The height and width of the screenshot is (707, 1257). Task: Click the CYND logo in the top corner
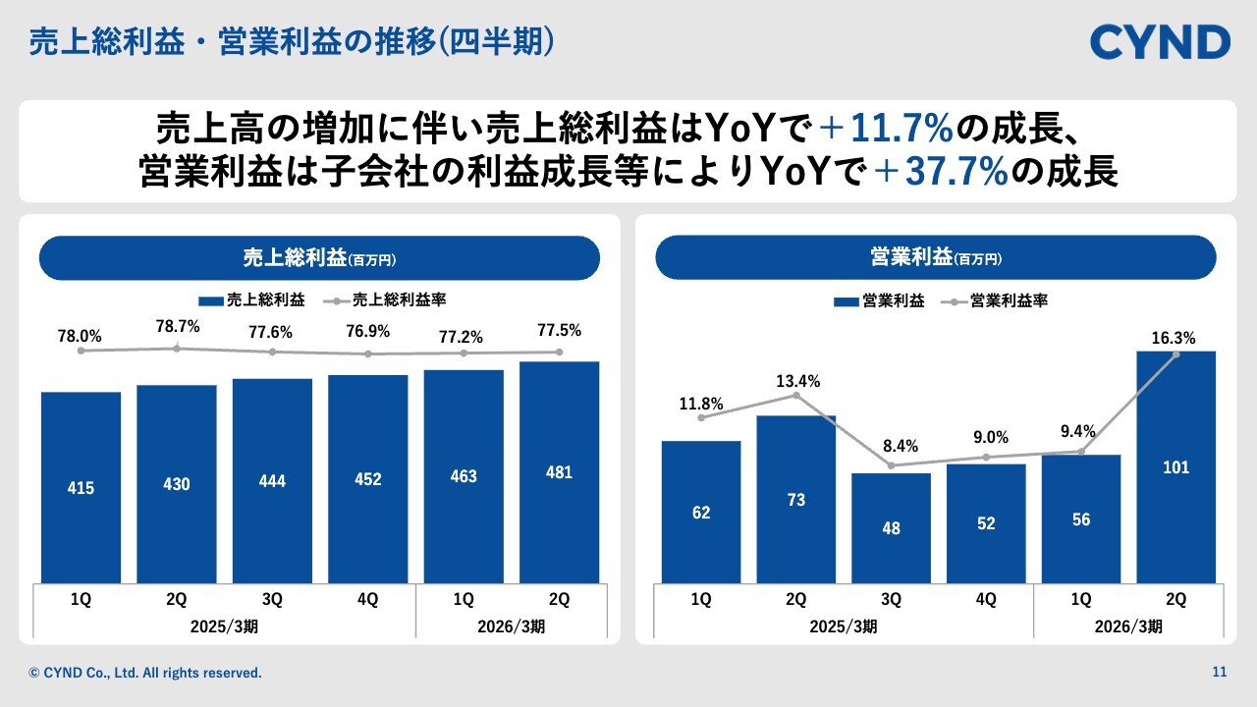tap(1160, 42)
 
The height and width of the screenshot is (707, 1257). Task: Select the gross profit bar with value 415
tap(82, 487)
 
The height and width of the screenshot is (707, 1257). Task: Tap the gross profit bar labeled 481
tap(559, 472)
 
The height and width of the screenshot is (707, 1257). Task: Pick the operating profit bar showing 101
tap(1176, 467)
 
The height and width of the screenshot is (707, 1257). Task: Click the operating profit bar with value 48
tap(891, 528)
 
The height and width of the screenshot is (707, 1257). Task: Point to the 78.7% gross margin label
tap(177, 326)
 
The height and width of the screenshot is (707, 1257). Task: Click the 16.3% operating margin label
tap(1175, 339)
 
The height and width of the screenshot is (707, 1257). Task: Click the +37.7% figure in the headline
tap(941, 173)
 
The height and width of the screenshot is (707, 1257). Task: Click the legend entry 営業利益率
tap(1008, 301)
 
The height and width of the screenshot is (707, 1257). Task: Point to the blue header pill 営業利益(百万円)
tap(935, 258)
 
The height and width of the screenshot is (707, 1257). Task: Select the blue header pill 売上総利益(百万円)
tap(318, 258)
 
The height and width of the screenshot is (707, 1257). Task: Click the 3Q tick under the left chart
tap(272, 599)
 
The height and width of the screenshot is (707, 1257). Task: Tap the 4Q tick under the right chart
tap(986, 599)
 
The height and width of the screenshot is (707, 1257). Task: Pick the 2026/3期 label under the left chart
tap(511, 626)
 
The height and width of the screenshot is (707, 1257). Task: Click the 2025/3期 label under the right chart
tap(843, 626)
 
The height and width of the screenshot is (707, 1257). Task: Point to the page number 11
tap(1220, 673)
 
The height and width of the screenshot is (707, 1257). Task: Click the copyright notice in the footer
tap(146, 674)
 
